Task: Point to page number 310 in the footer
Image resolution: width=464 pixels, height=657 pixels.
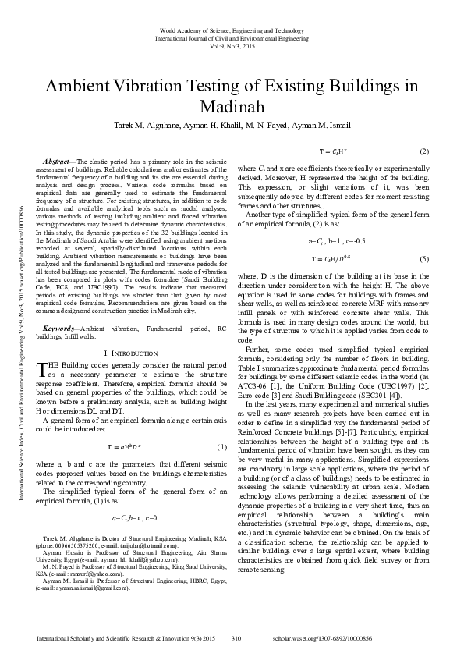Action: (238, 639)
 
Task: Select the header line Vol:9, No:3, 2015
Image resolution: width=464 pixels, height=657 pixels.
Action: (232, 44)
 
